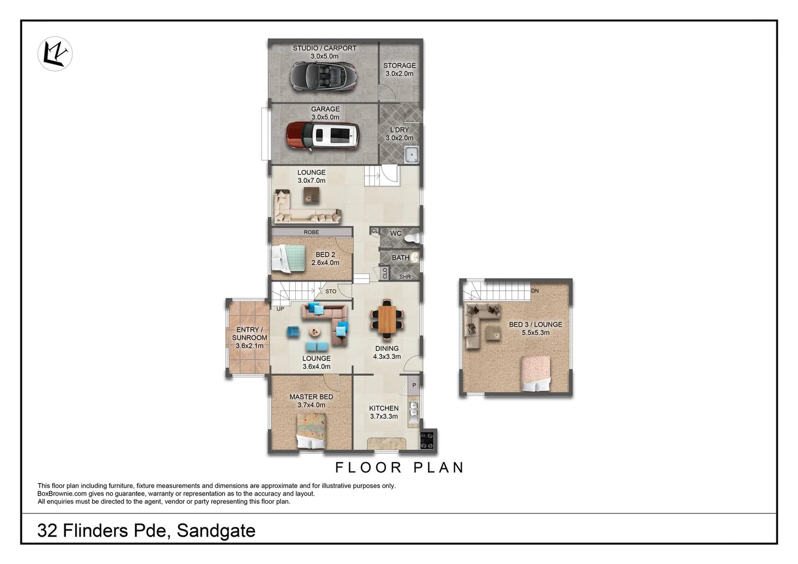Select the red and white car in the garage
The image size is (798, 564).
(323, 136)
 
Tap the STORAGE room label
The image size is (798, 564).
(399, 65)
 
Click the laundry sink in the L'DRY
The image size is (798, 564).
(412, 155)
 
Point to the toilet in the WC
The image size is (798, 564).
(412, 238)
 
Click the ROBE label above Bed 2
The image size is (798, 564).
(311, 232)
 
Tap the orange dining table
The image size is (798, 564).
(387, 319)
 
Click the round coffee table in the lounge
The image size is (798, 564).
(315, 331)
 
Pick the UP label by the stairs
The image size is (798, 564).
(280, 309)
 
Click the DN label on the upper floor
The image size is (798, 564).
(535, 291)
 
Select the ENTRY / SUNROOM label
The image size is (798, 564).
(249, 334)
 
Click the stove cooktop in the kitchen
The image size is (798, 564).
(427, 439)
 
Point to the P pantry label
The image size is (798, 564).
(414, 385)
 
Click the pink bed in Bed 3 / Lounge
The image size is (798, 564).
(536, 373)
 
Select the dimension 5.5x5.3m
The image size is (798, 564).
(535, 333)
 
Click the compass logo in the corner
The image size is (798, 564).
(55, 54)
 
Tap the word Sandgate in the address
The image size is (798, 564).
(216, 531)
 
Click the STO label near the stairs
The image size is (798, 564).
(331, 291)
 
